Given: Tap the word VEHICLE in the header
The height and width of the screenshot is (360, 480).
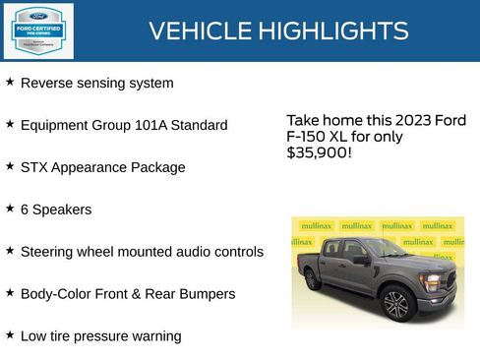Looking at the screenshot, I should pos(200,30).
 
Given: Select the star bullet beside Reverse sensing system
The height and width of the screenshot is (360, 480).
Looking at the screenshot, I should pos(10,82).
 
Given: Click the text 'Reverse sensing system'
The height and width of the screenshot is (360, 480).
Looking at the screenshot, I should pos(96,83).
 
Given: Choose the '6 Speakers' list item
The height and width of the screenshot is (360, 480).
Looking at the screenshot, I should pos(56,210).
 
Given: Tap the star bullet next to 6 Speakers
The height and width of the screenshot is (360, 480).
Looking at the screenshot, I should pos(10,209).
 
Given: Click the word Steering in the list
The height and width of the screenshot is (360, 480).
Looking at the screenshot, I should pos(48,252).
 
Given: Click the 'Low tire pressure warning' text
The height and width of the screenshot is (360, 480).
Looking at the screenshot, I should pos(100,335).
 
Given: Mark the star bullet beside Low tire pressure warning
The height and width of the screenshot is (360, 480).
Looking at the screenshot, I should pos(10,334).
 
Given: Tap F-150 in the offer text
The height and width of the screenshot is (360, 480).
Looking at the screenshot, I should pos(308,137).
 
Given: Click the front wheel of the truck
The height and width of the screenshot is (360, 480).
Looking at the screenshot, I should pos(396,304).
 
